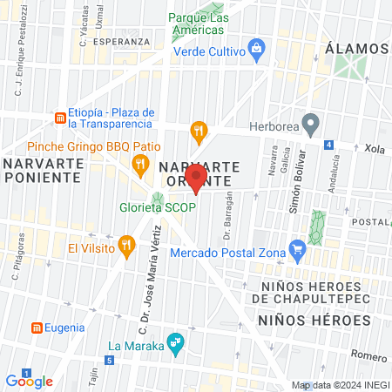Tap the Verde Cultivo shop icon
click(256, 46)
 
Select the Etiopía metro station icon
click(58, 117)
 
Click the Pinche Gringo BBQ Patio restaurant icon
click(139, 162)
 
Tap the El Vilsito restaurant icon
click(127, 247)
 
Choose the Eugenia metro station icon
click(37, 328)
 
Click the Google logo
click(29, 381)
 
